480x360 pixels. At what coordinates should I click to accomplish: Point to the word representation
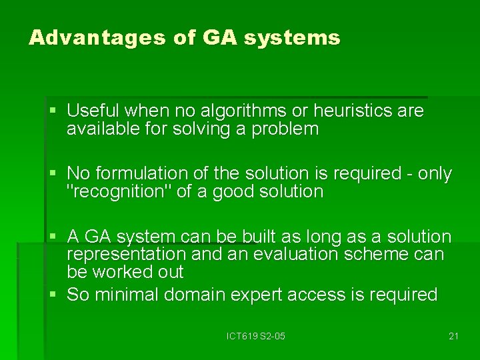126,254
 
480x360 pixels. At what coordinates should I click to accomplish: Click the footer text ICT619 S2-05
255,336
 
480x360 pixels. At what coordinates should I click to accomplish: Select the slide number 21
453,336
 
